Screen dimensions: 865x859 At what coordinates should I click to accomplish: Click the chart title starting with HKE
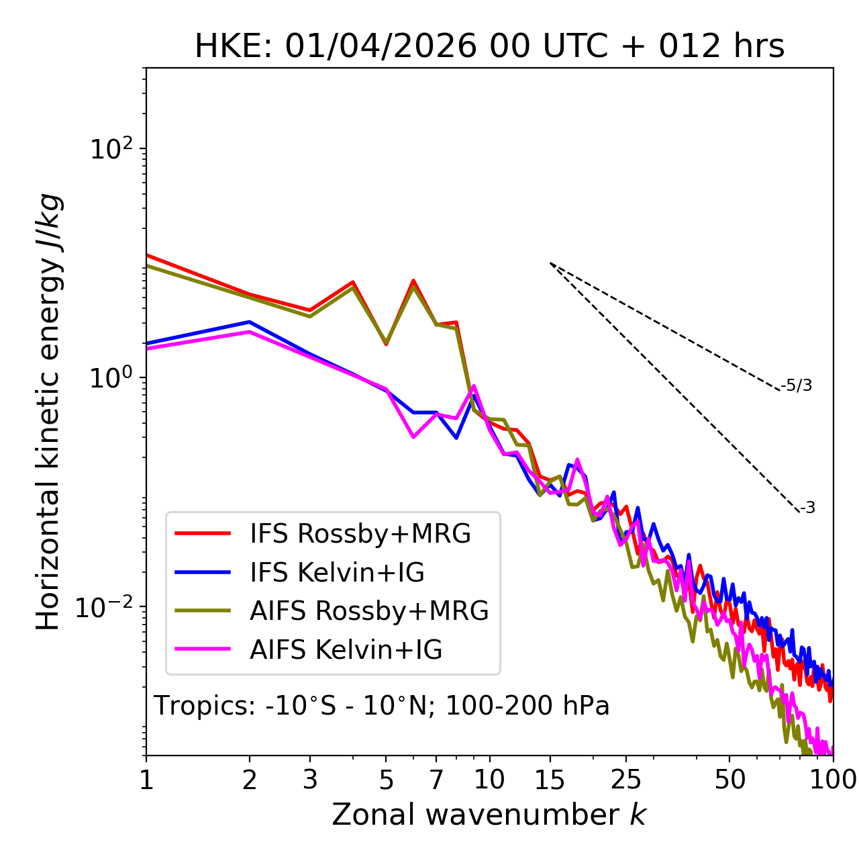click(x=489, y=47)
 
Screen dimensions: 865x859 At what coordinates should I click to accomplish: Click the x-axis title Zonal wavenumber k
click(x=489, y=814)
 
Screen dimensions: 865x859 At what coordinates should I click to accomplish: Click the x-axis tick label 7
click(x=436, y=780)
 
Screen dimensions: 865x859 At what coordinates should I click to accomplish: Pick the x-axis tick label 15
click(x=550, y=780)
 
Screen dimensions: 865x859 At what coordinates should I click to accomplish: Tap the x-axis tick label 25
click(x=626, y=780)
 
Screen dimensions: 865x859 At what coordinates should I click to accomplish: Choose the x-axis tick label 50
click(x=730, y=780)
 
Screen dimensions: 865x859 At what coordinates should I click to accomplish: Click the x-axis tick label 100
click(x=832, y=780)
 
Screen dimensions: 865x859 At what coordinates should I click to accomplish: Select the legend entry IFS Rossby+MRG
click(x=360, y=534)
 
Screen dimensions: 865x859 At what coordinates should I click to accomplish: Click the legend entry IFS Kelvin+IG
click(x=337, y=572)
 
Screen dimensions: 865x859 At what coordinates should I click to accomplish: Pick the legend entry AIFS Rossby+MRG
click(x=368, y=611)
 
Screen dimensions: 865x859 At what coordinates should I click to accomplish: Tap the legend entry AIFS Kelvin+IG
click(x=346, y=649)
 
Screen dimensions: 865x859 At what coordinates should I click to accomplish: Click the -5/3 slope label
click(x=797, y=385)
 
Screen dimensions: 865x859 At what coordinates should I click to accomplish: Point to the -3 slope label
click(x=807, y=508)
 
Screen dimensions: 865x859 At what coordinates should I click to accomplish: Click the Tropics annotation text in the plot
click(x=381, y=706)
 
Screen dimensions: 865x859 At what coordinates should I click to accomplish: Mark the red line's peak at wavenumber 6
click(x=413, y=281)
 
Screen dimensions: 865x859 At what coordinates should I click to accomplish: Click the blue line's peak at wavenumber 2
click(x=250, y=322)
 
